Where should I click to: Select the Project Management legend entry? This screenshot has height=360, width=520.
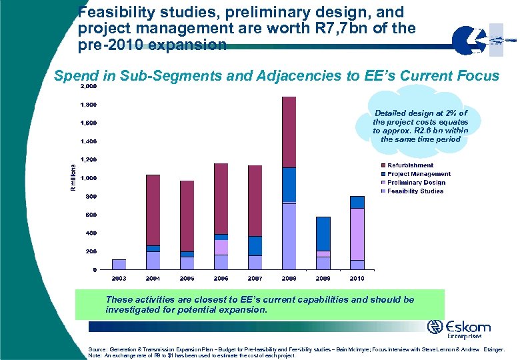pyautogui.click(x=415, y=174)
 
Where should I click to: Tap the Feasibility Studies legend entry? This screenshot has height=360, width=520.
pyautogui.click(x=412, y=191)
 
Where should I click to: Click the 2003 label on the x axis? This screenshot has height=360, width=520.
pyautogui.click(x=119, y=278)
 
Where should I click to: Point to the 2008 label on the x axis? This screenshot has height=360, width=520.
pyautogui.click(x=289, y=278)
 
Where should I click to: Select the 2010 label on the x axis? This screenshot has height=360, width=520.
pyautogui.click(x=357, y=278)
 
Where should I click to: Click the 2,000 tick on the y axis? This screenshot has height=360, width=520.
pyautogui.click(x=88, y=87)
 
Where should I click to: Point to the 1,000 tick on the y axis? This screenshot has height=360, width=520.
pyautogui.click(x=88, y=178)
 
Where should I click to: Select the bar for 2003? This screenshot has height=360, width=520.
pyautogui.click(x=119, y=264)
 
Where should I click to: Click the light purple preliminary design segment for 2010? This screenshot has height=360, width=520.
pyautogui.click(x=357, y=234)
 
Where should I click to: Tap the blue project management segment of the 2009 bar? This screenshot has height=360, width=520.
pyautogui.click(x=323, y=233)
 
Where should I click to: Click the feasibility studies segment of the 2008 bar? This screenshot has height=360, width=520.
pyautogui.click(x=289, y=236)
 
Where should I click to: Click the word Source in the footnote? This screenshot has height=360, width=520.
pyautogui.click(x=97, y=349)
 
